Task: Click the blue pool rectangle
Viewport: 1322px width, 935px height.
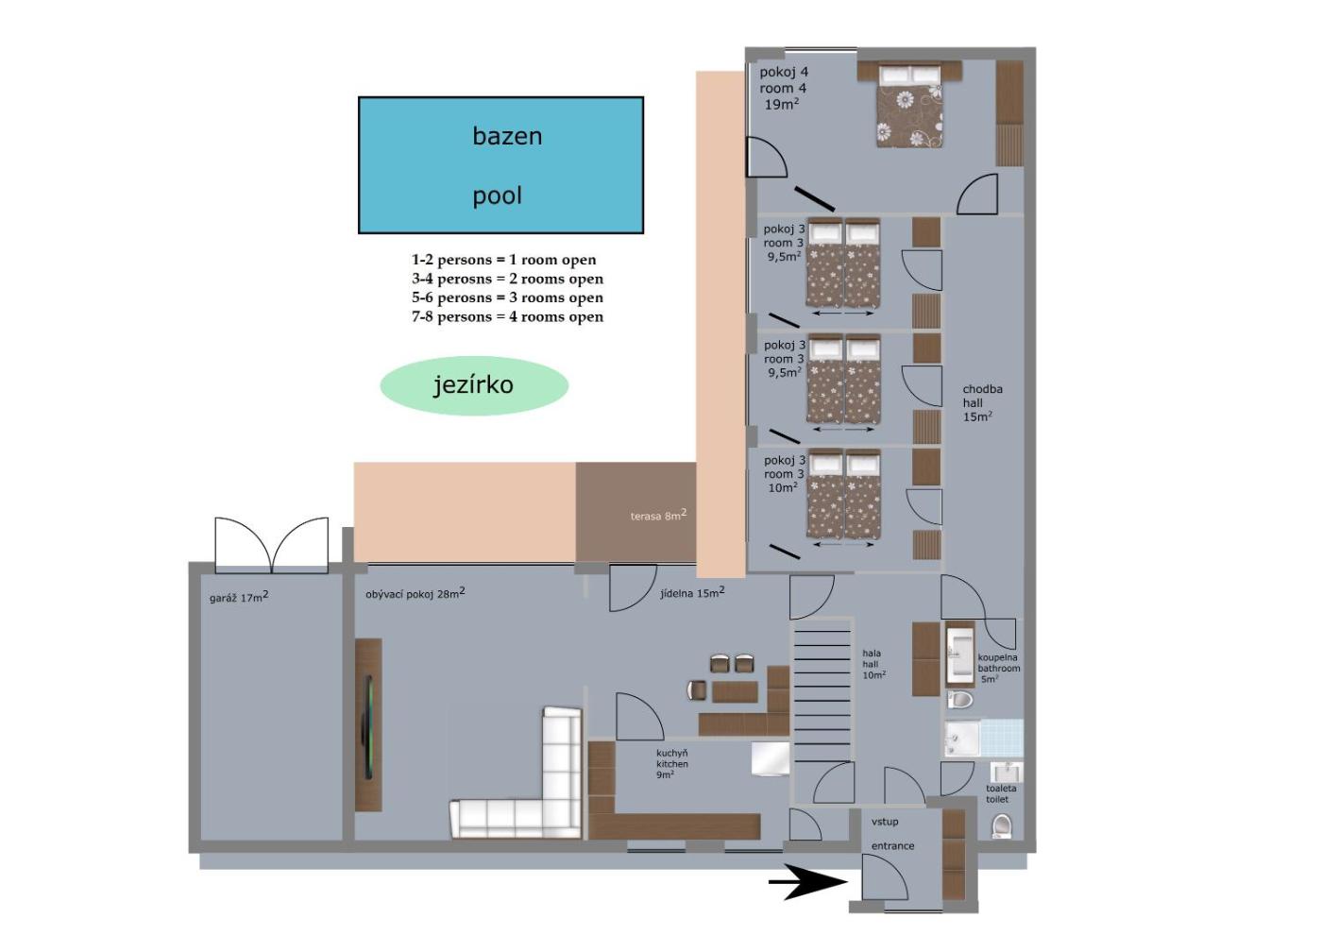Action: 500,165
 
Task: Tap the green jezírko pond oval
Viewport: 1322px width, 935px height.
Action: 474,385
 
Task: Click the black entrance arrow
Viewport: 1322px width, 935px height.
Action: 808,882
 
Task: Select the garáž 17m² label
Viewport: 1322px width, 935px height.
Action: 239,597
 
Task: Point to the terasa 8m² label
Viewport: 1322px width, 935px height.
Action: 658,515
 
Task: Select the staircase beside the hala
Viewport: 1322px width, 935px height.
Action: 822,689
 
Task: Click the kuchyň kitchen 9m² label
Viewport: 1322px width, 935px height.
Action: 672,764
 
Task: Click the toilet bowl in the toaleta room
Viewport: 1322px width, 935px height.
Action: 1002,826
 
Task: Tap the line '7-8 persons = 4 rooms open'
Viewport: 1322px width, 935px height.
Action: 508,317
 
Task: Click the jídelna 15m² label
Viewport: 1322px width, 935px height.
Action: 692,593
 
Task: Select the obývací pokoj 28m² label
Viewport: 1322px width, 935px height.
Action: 415,593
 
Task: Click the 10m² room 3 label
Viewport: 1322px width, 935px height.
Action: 785,474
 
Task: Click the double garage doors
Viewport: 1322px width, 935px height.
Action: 272,546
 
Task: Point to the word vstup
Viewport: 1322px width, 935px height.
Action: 885,822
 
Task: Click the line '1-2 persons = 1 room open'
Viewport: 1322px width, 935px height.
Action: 504,260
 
